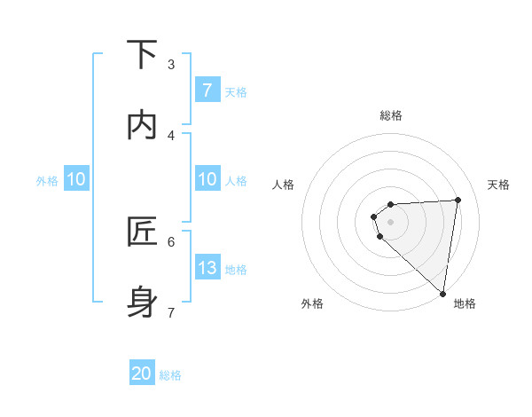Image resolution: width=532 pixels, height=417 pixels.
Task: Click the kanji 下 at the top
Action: click(142, 55)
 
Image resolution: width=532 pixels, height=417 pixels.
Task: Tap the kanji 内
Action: click(142, 125)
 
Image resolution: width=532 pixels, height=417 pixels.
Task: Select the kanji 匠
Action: click(142, 232)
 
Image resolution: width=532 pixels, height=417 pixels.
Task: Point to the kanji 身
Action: click(142, 302)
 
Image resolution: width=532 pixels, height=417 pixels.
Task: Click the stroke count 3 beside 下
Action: click(171, 65)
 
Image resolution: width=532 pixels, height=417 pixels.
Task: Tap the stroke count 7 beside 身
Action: click(171, 312)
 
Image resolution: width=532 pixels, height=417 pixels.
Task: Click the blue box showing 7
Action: click(207, 90)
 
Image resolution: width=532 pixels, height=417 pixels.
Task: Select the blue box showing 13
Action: click(207, 268)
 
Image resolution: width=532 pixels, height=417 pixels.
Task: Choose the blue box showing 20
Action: click(142, 374)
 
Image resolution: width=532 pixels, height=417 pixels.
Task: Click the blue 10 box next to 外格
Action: click(76, 179)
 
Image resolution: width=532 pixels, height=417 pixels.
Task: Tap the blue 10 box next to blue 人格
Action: click(207, 179)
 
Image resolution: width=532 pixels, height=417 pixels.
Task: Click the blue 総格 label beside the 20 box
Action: click(170, 375)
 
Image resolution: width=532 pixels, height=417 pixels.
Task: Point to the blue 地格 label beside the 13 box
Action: click(236, 270)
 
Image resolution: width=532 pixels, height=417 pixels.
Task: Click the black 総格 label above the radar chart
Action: click(391, 115)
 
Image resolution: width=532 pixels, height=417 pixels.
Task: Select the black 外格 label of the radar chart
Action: click(312, 303)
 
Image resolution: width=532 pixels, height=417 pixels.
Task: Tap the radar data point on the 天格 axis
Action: click(458, 200)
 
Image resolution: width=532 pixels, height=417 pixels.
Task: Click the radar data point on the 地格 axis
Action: click(443, 294)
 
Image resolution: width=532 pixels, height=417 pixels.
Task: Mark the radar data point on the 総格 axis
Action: click(391, 205)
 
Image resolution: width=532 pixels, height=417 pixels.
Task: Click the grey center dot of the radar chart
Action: click(391, 221)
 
